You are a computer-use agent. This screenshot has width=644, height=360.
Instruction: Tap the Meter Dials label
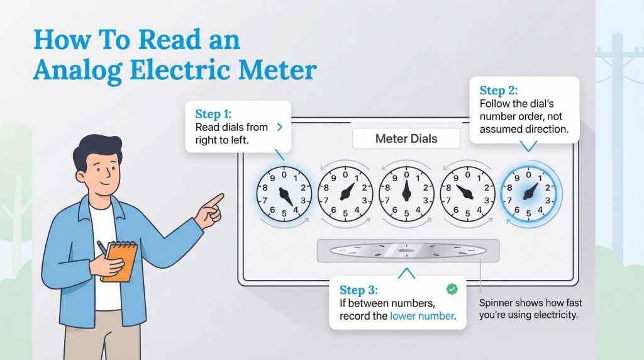(406, 138)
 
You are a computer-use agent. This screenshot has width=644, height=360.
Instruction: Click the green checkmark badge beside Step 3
(451, 289)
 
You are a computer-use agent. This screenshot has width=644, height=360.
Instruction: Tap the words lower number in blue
(421, 316)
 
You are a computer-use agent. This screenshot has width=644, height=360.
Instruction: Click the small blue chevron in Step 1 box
(279, 127)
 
